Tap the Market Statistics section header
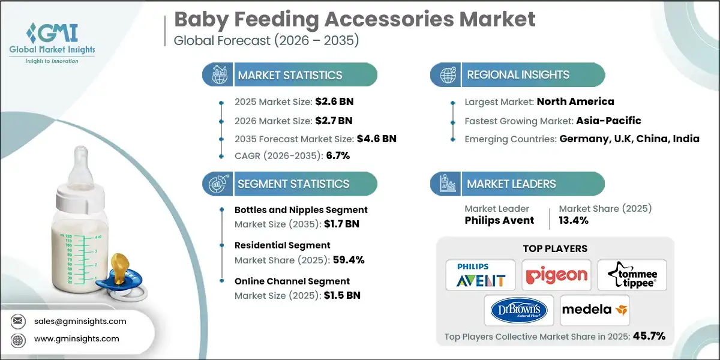point(290,75)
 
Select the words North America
point(575,101)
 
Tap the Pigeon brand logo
point(556,275)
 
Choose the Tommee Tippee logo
point(631,275)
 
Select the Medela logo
point(594,310)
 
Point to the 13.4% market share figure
point(574,220)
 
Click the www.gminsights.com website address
point(77,339)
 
